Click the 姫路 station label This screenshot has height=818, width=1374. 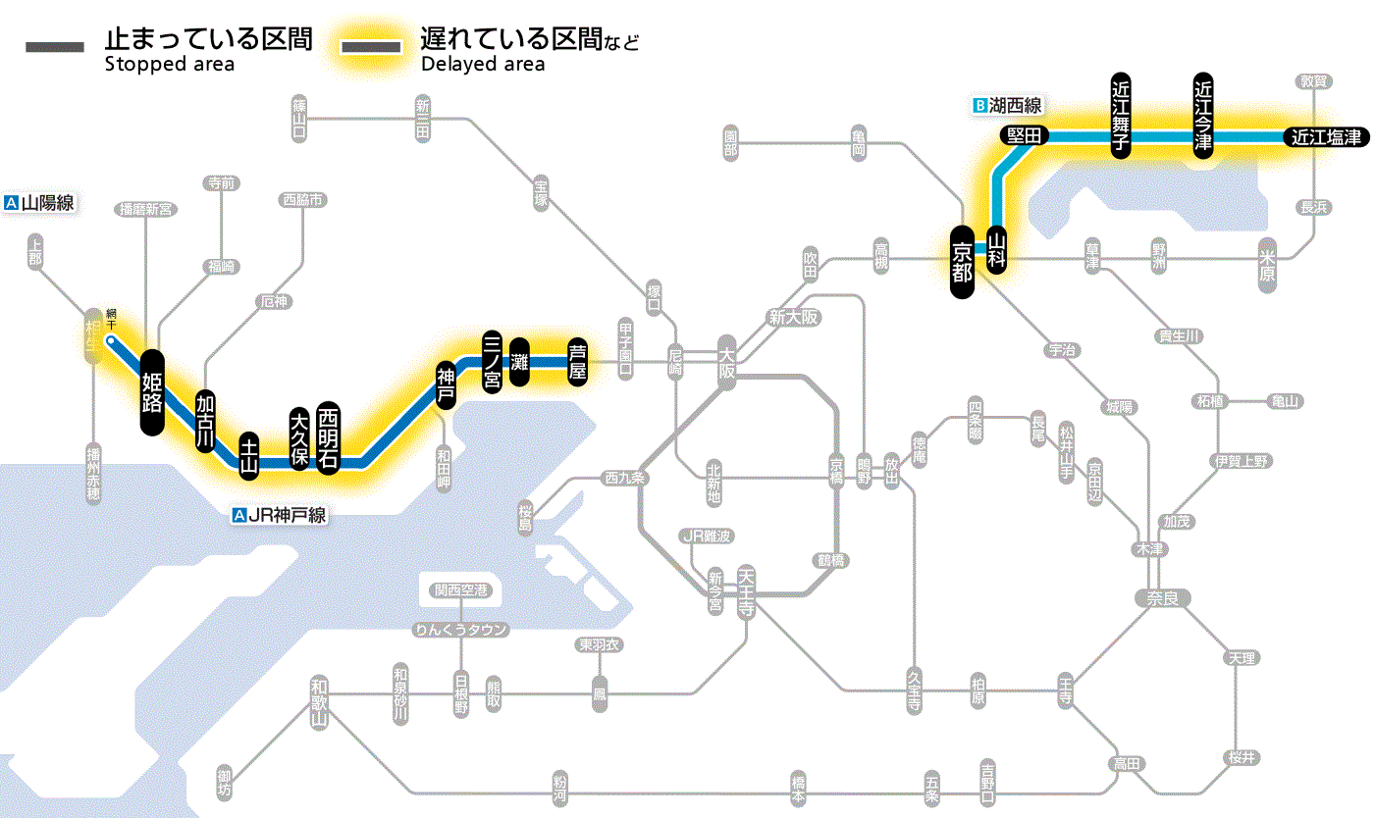pyautogui.click(x=152, y=391)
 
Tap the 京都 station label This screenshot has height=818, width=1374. pyautogui.click(x=963, y=258)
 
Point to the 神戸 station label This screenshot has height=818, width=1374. pyautogui.click(x=447, y=385)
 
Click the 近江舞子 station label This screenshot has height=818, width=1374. pyautogui.click(x=1121, y=115)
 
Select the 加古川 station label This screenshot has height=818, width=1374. pyautogui.click(x=205, y=422)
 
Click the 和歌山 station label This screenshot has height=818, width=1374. pyautogui.click(x=319, y=701)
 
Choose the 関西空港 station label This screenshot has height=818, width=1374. pyautogui.click(x=460, y=590)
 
